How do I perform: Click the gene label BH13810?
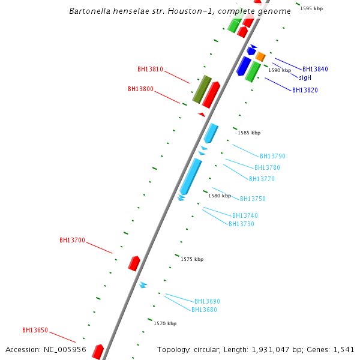[x=150, y=69]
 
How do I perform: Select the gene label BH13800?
[x=140, y=89]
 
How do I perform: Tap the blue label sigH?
[x=305, y=77]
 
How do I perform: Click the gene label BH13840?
[x=315, y=69]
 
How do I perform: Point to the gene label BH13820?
[x=305, y=90]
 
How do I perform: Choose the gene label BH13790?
[x=272, y=156]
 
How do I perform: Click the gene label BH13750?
[x=253, y=199]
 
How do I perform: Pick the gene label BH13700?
[x=72, y=240]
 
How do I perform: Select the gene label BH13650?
[x=35, y=330]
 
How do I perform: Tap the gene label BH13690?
[x=207, y=301]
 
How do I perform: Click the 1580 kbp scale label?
[x=220, y=196]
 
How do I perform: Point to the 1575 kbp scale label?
[x=192, y=259]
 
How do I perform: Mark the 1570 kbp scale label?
[x=165, y=323]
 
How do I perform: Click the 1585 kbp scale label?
[x=249, y=133]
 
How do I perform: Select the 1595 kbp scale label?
[x=311, y=8]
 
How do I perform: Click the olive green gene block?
[x=202, y=89]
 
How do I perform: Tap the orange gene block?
[x=260, y=56]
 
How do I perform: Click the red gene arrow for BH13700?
[x=134, y=263]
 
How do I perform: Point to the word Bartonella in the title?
[x=88, y=11]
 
